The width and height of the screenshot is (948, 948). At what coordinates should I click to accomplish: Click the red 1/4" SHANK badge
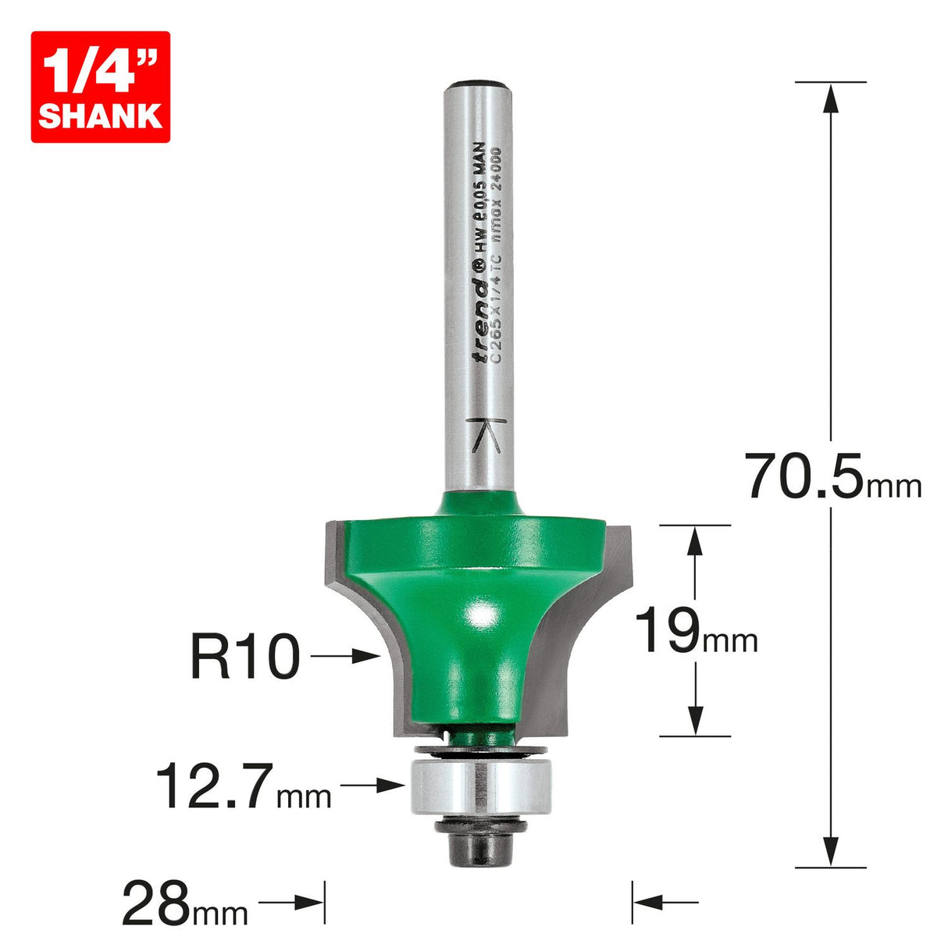pyautogui.click(x=100, y=87)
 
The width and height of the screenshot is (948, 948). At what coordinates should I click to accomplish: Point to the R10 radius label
pyautogui.click(x=244, y=658)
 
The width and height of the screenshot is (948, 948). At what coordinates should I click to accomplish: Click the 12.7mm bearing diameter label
pyautogui.click(x=244, y=786)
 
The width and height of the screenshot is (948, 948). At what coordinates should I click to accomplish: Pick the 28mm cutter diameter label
pyautogui.click(x=184, y=903)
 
